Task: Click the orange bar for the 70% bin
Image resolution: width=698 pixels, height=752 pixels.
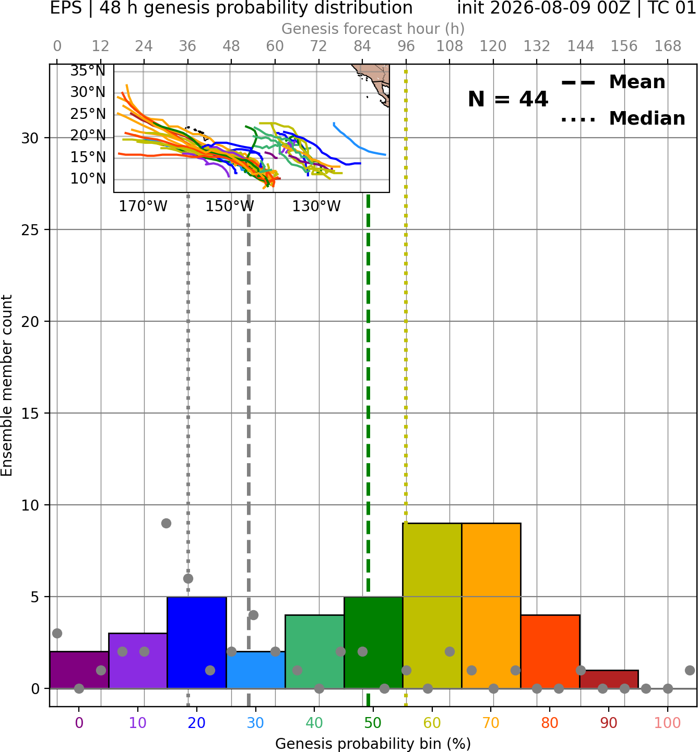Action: click(491, 605)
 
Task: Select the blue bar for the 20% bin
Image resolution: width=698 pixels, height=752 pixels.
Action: click(197, 642)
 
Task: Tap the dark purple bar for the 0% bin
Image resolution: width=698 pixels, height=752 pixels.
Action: click(79, 670)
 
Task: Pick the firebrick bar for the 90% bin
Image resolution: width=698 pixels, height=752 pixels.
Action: click(609, 679)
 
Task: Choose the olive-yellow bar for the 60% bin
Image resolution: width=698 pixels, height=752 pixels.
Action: click(432, 605)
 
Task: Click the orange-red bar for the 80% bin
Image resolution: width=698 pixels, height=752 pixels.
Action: click(550, 651)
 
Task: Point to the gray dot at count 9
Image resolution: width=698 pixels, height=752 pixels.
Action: click(166, 523)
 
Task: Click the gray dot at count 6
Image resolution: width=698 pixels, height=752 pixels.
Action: click(188, 578)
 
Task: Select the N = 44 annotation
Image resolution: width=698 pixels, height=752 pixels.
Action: click(508, 99)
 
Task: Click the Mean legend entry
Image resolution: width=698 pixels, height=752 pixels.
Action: click(613, 82)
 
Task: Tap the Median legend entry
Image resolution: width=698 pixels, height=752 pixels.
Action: click(623, 118)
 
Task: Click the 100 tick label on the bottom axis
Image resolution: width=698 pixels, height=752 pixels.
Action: click(668, 723)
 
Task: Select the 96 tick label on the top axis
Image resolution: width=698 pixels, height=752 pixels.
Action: click(406, 46)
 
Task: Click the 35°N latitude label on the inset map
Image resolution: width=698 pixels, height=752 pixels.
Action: click(88, 71)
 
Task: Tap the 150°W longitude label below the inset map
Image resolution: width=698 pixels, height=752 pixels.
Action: click(230, 207)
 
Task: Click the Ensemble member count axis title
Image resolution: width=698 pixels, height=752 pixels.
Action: click(7, 385)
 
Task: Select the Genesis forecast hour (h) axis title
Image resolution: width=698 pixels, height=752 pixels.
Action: click(373, 29)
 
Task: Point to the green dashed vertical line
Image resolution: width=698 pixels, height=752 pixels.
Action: click(368, 450)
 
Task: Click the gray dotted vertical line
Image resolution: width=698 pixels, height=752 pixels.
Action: click(188, 450)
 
